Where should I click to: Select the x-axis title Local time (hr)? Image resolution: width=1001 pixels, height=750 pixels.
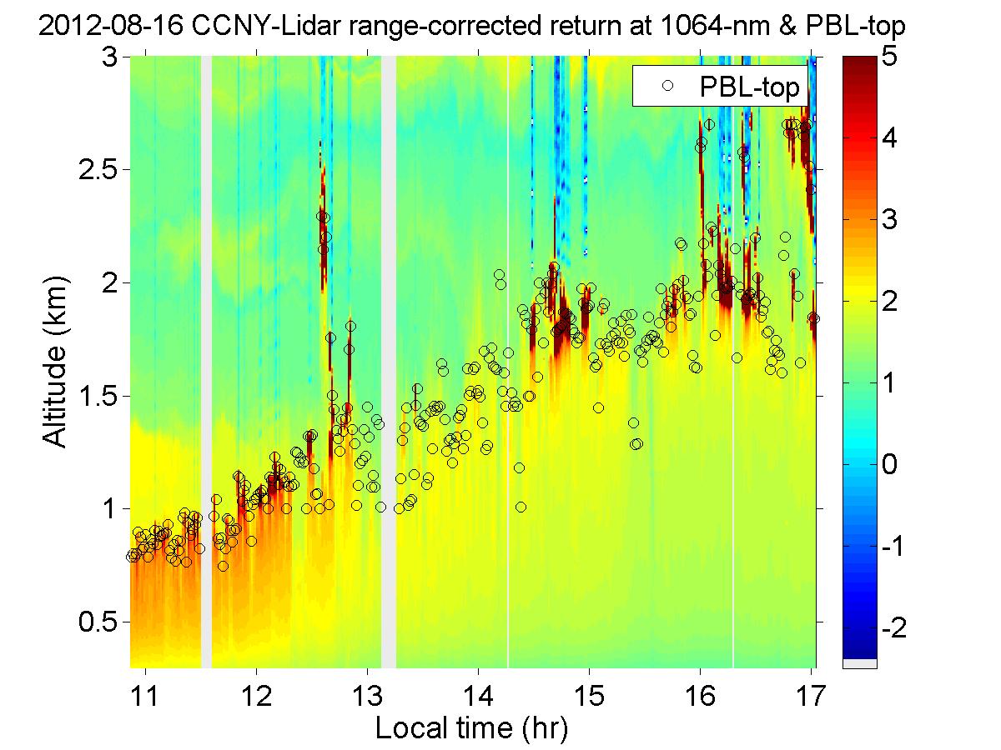pyautogui.click(x=471, y=727)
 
